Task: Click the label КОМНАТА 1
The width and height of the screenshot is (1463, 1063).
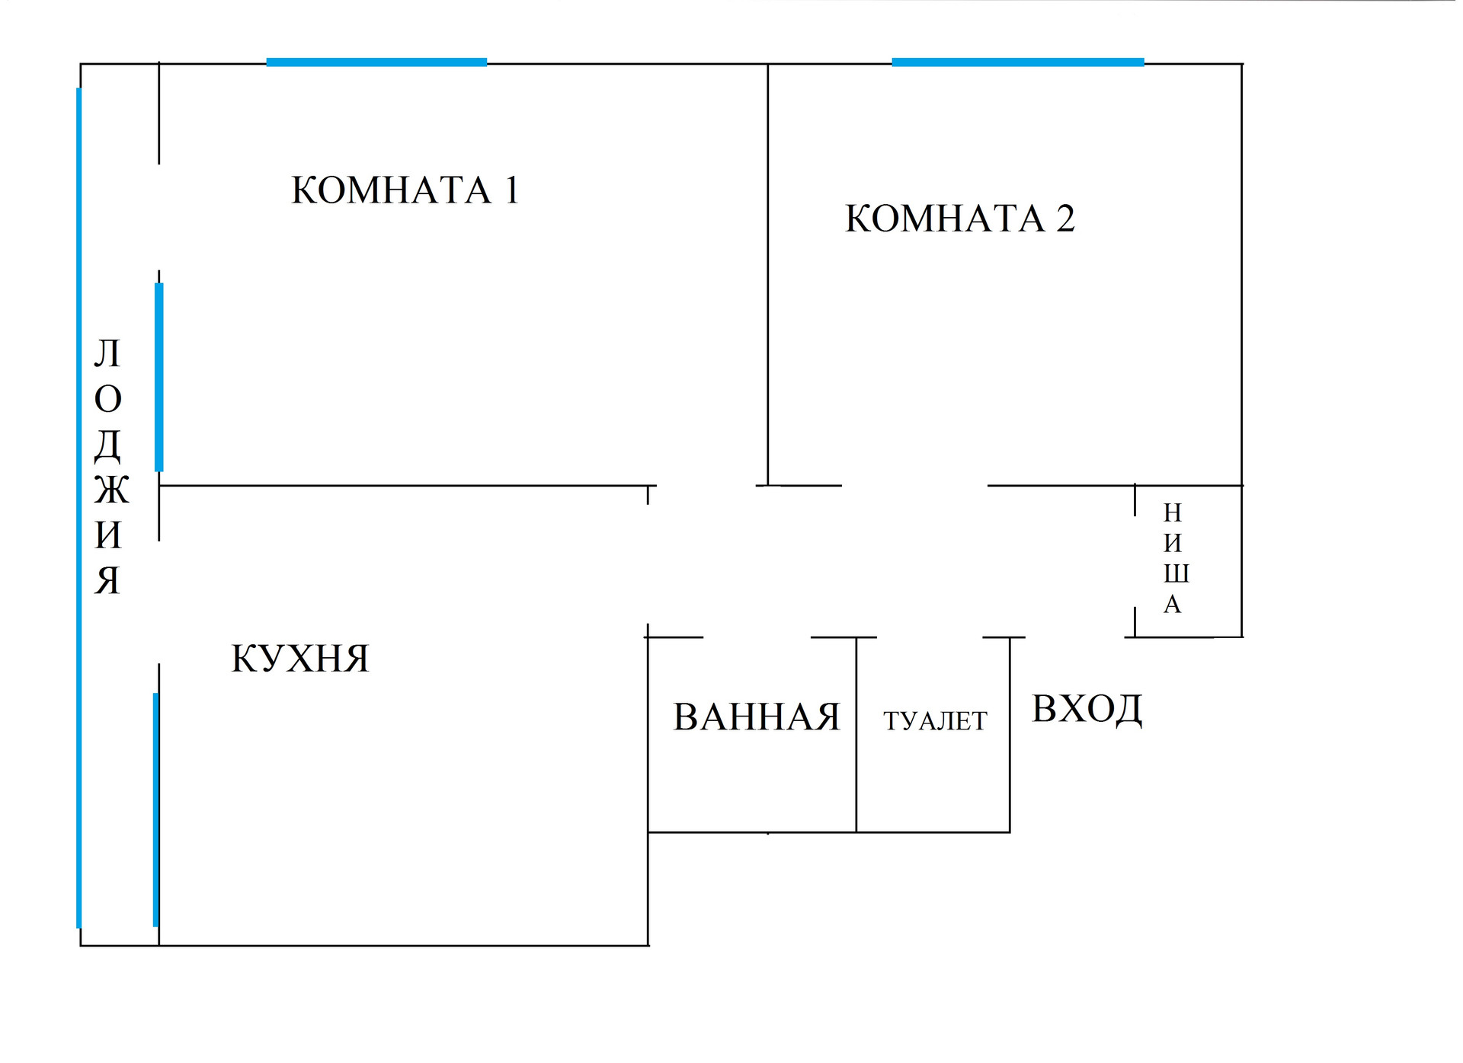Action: tap(405, 190)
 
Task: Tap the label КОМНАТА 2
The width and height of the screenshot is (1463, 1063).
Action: tap(959, 219)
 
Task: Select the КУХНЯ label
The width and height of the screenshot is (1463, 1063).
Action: tap(299, 659)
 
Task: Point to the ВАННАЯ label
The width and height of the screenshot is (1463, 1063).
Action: tap(756, 717)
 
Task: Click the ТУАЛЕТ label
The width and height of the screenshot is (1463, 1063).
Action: tap(935, 720)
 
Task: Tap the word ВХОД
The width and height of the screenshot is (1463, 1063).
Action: tap(1087, 709)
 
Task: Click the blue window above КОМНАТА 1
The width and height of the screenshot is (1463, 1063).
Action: tap(376, 62)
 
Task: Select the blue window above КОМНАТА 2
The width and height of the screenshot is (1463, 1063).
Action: tap(1017, 62)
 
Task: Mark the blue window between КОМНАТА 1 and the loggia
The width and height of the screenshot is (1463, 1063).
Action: tap(158, 377)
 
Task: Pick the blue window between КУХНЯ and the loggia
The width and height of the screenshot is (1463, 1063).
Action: tap(155, 809)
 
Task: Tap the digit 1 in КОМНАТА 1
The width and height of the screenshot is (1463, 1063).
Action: tap(512, 190)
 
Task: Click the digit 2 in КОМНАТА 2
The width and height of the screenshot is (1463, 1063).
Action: tap(1065, 219)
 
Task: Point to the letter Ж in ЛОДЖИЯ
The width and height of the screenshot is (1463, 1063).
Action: tap(111, 490)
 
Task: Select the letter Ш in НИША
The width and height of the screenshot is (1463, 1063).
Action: tap(1176, 573)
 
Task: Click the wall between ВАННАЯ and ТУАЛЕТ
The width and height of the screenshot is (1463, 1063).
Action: tap(856, 735)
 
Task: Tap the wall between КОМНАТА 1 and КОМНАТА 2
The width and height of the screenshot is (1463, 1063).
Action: tap(767, 274)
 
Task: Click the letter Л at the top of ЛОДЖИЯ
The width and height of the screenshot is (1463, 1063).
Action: tap(107, 354)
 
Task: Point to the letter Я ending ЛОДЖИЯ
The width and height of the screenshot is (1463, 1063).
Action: tap(107, 581)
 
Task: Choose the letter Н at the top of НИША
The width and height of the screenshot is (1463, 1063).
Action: tap(1172, 513)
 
